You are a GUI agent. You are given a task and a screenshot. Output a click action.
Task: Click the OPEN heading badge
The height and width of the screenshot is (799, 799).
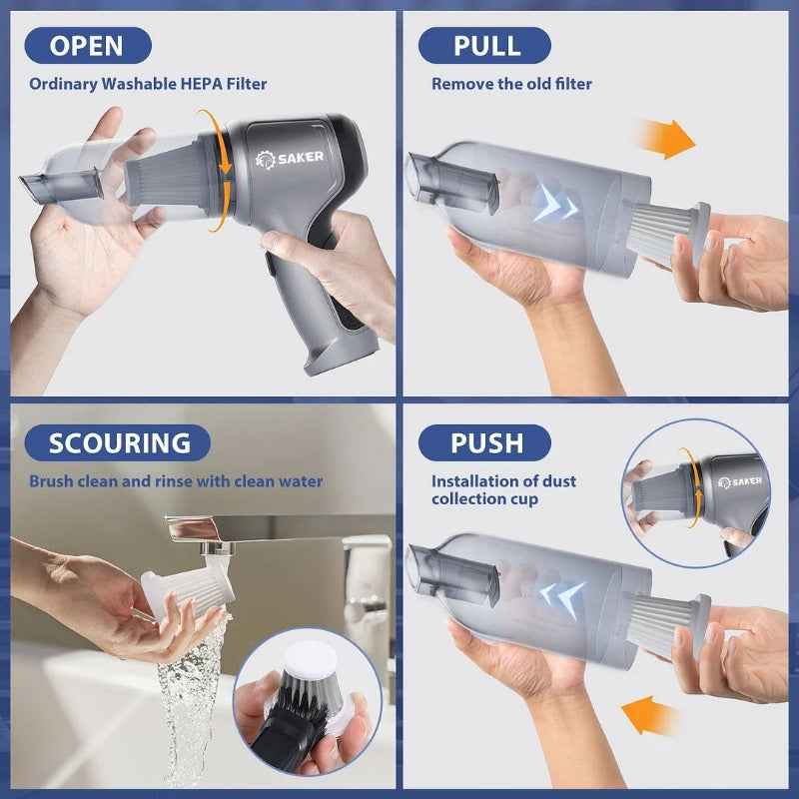[x=87, y=45]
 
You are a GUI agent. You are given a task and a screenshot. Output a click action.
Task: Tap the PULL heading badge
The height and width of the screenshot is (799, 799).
[x=484, y=45]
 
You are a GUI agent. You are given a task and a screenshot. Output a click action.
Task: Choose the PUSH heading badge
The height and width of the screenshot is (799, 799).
[x=484, y=442]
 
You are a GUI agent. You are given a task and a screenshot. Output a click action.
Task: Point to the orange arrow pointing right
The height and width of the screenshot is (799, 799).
[x=666, y=139]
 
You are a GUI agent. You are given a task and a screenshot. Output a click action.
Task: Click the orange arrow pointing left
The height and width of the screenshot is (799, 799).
[x=649, y=716]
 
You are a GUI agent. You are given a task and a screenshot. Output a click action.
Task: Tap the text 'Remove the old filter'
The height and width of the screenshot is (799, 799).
[x=511, y=84]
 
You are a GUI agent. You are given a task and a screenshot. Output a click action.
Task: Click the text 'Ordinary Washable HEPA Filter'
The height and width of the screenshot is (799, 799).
[x=148, y=84]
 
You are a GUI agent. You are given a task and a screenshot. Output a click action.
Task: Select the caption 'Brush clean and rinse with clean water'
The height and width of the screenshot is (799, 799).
[x=176, y=481]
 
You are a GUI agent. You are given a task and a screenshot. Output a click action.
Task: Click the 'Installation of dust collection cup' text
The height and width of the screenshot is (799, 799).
[x=503, y=490]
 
